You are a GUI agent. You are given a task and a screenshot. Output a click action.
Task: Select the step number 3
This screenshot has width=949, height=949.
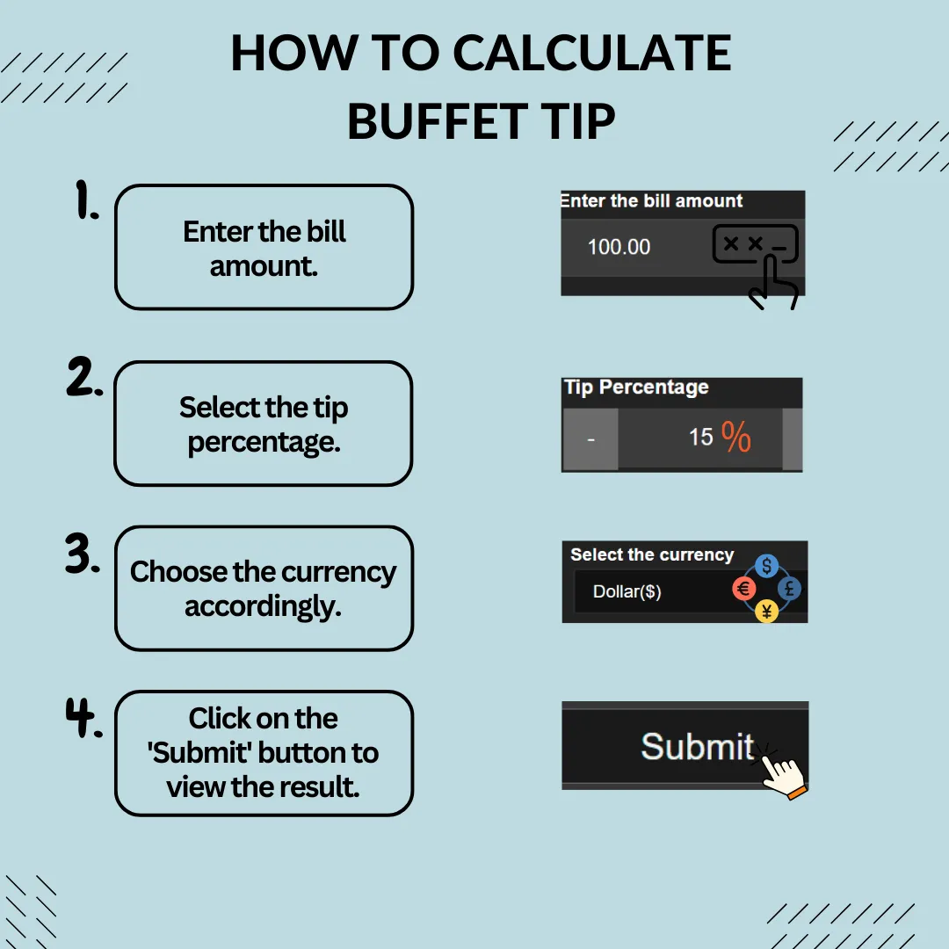point(83,553)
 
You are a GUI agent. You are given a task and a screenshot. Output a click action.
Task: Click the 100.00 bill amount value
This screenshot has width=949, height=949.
point(619,247)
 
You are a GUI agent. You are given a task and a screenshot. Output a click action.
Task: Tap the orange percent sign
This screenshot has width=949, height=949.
point(736,437)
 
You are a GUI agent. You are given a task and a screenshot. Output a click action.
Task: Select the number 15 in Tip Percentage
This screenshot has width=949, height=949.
point(701,437)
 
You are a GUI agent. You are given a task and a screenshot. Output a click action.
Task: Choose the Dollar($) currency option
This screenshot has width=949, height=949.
point(627,591)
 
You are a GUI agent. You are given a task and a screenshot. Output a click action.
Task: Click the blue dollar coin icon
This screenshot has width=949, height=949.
point(767,566)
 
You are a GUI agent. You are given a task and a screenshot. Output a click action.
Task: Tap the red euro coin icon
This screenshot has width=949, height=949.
point(744,588)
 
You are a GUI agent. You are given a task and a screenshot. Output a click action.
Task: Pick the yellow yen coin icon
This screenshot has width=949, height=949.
point(767,611)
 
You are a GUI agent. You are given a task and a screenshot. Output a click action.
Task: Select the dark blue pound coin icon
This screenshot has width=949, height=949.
point(789,588)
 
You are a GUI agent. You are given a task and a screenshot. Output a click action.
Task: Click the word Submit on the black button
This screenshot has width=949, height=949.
point(697,746)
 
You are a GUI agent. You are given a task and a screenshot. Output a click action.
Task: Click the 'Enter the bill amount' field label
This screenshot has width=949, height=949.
point(651,201)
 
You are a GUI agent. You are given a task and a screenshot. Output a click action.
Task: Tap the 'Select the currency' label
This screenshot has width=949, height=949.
point(652,554)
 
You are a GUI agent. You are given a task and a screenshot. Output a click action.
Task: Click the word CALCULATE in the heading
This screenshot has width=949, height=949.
point(592,54)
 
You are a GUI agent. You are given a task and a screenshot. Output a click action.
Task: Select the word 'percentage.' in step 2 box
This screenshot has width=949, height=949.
point(264,442)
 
